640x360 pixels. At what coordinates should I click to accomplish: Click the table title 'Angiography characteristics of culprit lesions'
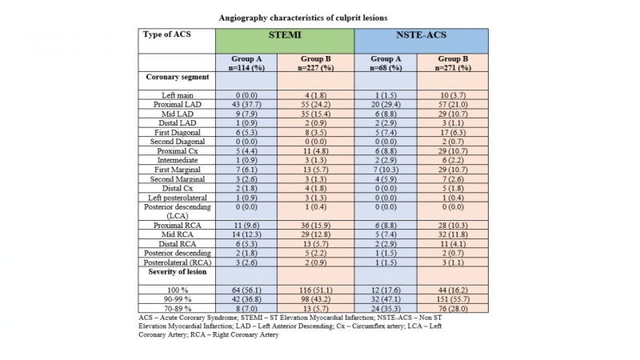click(303, 18)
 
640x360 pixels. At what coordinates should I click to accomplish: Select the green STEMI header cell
click(285, 41)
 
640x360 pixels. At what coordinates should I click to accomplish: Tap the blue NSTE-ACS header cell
click(422, 41)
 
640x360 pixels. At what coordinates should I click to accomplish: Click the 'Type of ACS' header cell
click(177, 41)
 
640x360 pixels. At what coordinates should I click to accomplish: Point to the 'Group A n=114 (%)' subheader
click(246, 63)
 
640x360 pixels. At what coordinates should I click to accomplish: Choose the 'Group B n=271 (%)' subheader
click(453, 63)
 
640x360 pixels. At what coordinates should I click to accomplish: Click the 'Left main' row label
click(177, 95)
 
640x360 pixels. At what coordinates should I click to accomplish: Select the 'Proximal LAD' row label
click(177, 105)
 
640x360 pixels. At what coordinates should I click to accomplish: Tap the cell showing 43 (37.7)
click(246, 105)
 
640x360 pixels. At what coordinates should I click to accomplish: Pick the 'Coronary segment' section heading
click(177, 77)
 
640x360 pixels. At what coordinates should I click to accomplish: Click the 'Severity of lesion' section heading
click(177, 272)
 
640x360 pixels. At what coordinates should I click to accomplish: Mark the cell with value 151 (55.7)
click(453, 299)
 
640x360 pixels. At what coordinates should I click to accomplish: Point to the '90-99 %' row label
click(177, 299)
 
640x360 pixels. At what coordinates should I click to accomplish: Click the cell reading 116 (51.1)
click(315, 290)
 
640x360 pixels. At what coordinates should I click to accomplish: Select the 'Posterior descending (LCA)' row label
click(177, 211)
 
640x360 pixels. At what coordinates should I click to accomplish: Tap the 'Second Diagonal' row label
click(177, 142)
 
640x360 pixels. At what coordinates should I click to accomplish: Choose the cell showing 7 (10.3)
click(386, 170)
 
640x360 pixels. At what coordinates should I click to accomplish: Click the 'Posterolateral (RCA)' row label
click(177, 262)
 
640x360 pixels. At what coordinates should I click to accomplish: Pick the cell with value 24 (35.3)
click(386, 309)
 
